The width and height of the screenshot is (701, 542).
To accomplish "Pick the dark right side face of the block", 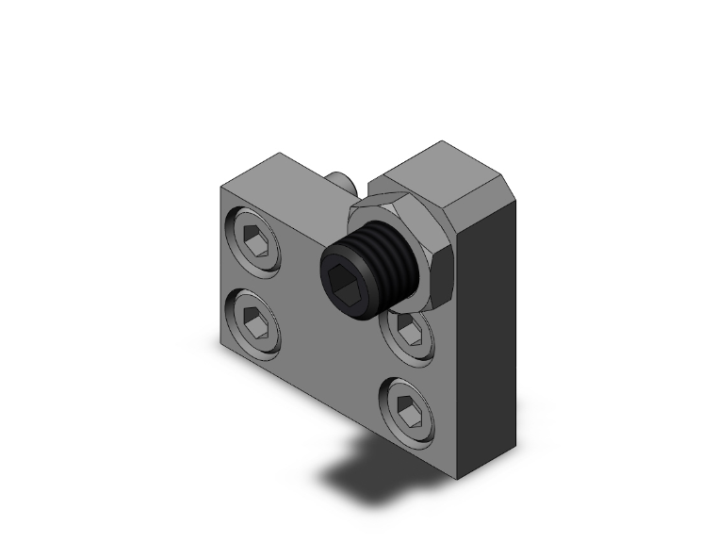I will pos(490,330).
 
